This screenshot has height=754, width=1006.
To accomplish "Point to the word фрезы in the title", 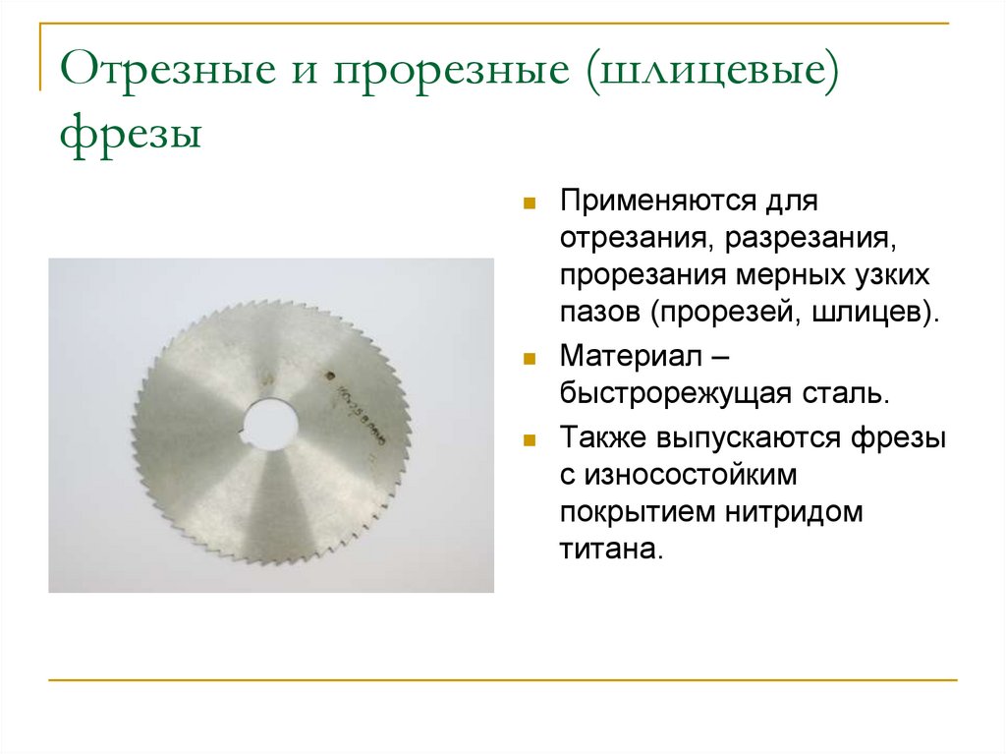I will click(x=131, y=131).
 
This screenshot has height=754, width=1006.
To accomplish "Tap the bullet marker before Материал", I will click(x=530, y=359).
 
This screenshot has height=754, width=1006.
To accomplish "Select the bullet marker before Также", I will click(x=530, y=440).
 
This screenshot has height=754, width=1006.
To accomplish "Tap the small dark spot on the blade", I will click(x=329, y=376).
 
